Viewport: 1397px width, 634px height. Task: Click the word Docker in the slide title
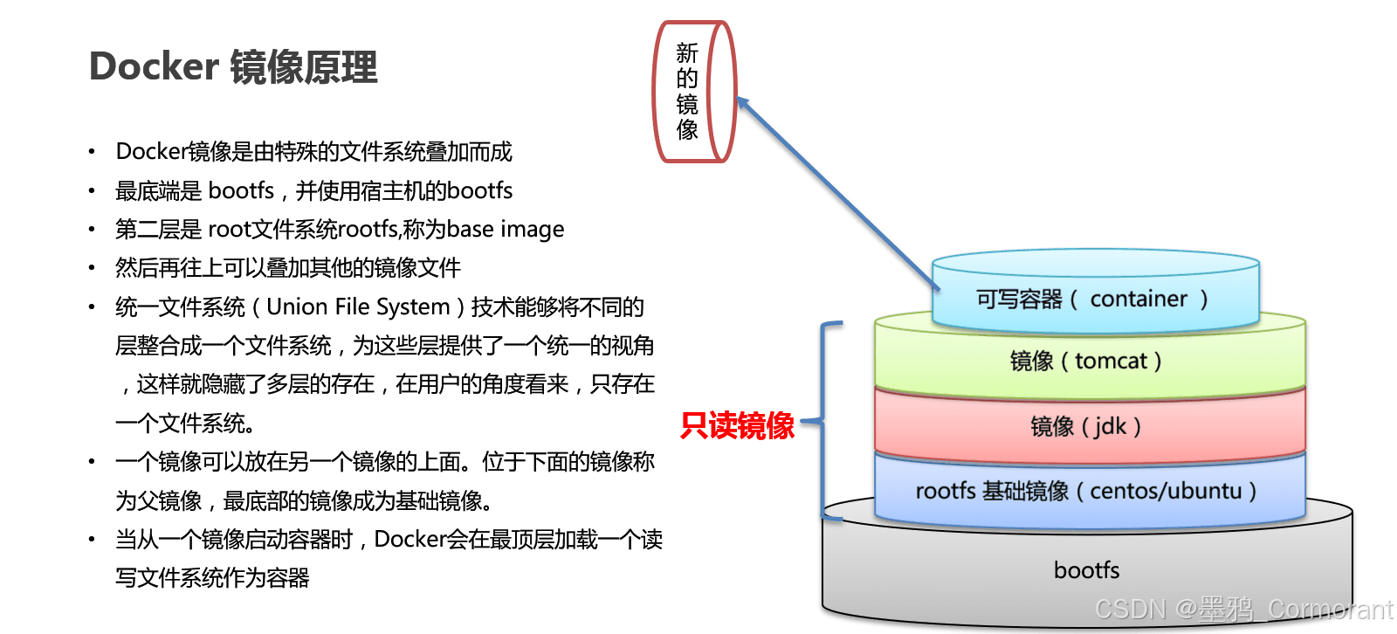tap(154, 67)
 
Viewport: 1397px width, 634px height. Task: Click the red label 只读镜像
tap(738, 425)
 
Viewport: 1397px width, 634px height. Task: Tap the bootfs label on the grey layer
tap(1086, 570)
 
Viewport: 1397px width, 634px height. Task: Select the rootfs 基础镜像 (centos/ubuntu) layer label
tap(1085, 491)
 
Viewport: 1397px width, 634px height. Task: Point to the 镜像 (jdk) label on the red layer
tap(1085, 426)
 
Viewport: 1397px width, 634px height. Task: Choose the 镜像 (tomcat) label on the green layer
tap(1085, 361)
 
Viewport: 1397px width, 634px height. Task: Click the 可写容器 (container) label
tap(1091, 300)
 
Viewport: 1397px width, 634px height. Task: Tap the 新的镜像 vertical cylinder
tap(694, 92)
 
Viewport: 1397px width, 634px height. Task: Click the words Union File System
tap(358, 307)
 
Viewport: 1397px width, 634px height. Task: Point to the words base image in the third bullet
tap(506, 230)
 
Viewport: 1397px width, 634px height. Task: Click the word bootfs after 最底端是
tap(241, 191)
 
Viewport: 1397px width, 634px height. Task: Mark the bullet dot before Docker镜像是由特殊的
tap(92, 153)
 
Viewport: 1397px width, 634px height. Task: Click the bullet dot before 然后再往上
tap(92, 268)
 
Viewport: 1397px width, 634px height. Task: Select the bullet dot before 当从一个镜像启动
tap(92, 540)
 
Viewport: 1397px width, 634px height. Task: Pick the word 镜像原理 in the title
tap(304, 67)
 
